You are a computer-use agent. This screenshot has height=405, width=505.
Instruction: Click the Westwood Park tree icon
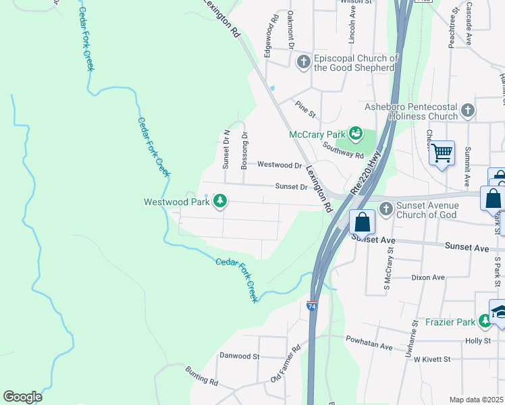pos(219,201)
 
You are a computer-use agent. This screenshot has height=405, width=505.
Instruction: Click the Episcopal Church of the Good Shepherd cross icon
pos(303,63)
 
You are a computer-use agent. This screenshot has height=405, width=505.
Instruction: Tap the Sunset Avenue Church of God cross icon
pos(386,209)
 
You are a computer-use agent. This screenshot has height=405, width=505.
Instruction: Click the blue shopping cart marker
pos(442,154)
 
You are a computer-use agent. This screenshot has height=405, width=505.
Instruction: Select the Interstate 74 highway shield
pos(312,306)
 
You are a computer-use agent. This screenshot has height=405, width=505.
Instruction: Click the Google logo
pos(22,396)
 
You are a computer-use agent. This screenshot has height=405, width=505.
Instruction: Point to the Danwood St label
pos(240,356)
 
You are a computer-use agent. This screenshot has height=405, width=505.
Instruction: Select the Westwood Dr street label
pos(280,165)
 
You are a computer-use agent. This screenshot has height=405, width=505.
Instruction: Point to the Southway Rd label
pos(343,149)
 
